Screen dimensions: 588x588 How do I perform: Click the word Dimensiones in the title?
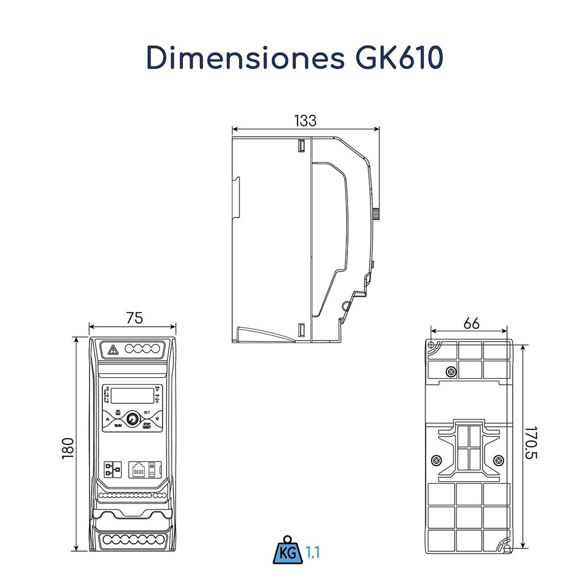(241, 57)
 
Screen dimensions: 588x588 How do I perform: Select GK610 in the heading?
(395, 57)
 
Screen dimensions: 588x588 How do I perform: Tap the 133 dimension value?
(305, 121)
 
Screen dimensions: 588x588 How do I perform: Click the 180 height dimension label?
(68, 448)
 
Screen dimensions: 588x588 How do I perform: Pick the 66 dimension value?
(471, 323)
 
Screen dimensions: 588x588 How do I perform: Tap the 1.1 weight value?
(312, 553)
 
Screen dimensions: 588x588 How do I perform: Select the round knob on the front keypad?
(133, 420)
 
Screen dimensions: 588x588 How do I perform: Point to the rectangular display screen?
(133, 395)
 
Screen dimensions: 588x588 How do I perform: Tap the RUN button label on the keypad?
(117, 426)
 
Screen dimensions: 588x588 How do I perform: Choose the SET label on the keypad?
(147, 413)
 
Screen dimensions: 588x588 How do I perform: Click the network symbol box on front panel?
(110, 469)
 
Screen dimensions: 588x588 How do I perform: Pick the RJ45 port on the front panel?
(138, 469)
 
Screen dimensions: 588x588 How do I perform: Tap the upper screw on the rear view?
(452, 372)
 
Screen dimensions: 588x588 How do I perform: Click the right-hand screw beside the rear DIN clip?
(498, 460)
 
